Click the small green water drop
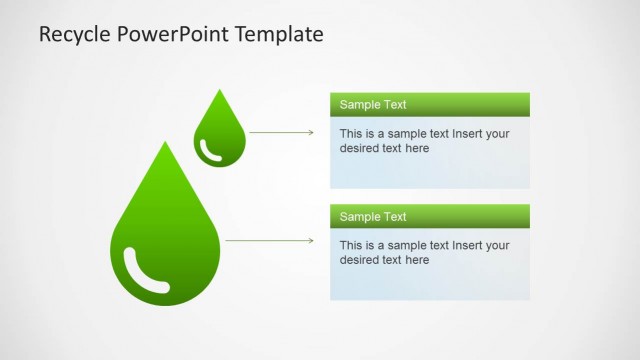(x=219, y=135)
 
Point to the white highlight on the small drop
(x=209, y=151)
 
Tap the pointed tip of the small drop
(x=219, y=91)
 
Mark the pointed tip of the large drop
(x=164, y=143)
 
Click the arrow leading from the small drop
(x=280, y=132)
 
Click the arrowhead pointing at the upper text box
(x=311, y=132)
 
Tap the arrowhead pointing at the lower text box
(x=311, y=241)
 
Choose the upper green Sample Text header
(x=430, y=104)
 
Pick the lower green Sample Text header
(x=430, y=216)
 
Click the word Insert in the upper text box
(x=468, y=133)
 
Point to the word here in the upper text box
(x=416, y=148)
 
